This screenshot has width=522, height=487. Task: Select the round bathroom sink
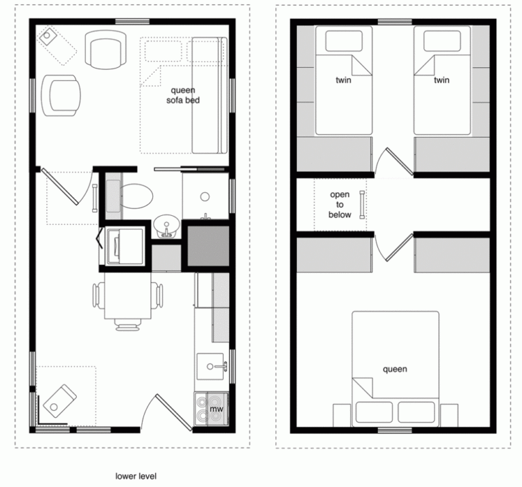point(163,224)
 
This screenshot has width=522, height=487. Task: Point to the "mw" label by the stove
point(217,409)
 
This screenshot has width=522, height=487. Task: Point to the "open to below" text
point(341,204)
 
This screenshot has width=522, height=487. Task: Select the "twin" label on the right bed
point(442,80)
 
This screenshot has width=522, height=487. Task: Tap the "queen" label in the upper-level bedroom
point(395,369)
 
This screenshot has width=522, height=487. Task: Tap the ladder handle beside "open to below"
point(362,204)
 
